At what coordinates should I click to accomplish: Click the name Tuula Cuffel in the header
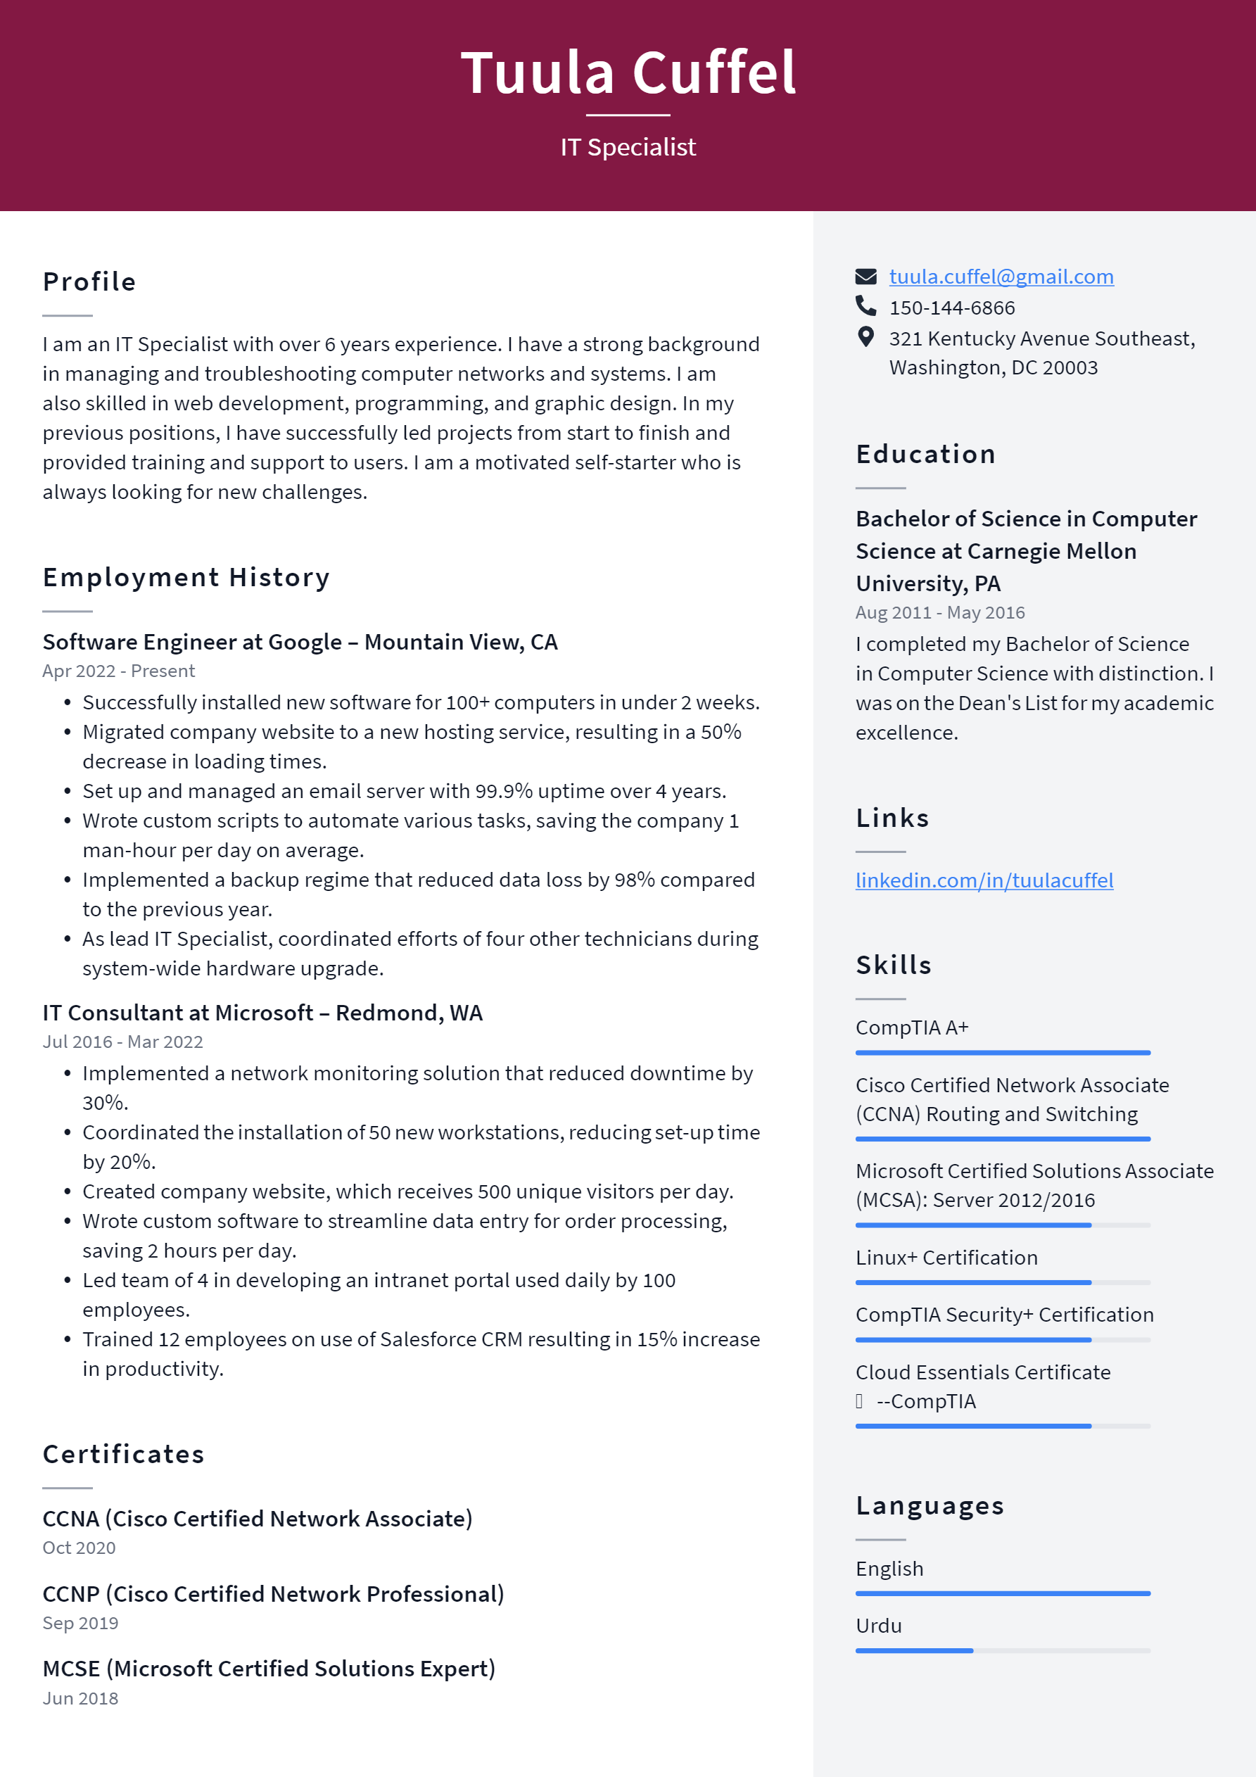(x=628, y=72)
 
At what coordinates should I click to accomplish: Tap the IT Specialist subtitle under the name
(x=628, y=147)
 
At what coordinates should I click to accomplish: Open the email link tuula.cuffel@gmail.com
(x=1001, y=277)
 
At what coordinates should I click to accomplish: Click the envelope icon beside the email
(x=865, y=277)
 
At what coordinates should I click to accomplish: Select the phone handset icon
(x=865, y=306)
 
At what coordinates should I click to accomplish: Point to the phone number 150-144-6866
(x=951, y=308)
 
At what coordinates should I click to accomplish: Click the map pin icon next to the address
(x=865, y=336)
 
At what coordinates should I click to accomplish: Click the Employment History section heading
(x=186, y=577)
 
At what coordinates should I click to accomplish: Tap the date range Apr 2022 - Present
(x=118, y=671)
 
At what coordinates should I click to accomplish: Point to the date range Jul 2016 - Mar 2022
(x=122, y=1042)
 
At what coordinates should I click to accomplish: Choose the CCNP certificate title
(x=273, y=1593)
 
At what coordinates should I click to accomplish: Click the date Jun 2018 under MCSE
(x=80, y=1698)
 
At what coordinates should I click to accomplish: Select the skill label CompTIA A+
(x=912, y=1027)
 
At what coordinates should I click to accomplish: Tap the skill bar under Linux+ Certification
(x=1002, y=1282)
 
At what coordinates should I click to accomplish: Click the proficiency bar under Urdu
(x=1002, y=1651)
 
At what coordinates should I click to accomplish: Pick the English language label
(x=889, y=1568)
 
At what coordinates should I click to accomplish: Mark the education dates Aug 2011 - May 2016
(x=939, y=612)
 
